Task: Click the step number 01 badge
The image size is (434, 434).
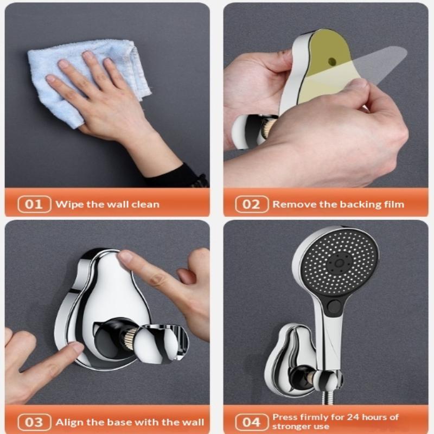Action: (x=34, y=205)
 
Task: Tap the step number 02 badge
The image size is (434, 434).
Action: (x=252, y=205)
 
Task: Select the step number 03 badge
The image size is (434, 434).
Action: (x=34, y=422)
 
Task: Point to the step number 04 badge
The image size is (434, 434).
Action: (x=252, y=422)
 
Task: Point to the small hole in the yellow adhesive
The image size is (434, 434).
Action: (x=331, y=61)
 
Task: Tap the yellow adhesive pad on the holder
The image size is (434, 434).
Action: (x=322, y=66)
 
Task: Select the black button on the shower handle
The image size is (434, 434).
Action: (x=334, y=307)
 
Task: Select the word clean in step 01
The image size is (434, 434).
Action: (x=145, y=205)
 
